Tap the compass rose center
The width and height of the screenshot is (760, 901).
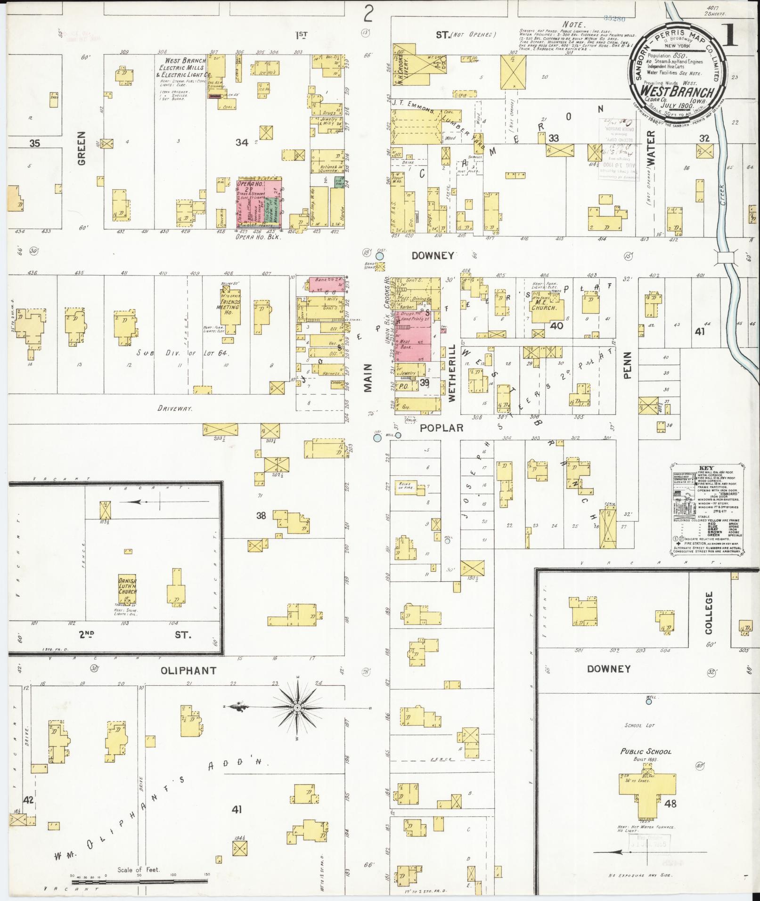point(298,708)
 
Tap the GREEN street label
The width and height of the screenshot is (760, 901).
point(82,148)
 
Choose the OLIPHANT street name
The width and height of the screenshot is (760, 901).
point(188,670)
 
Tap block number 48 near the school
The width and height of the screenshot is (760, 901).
point(670,804)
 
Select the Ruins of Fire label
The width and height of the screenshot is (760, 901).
point(405,486)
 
